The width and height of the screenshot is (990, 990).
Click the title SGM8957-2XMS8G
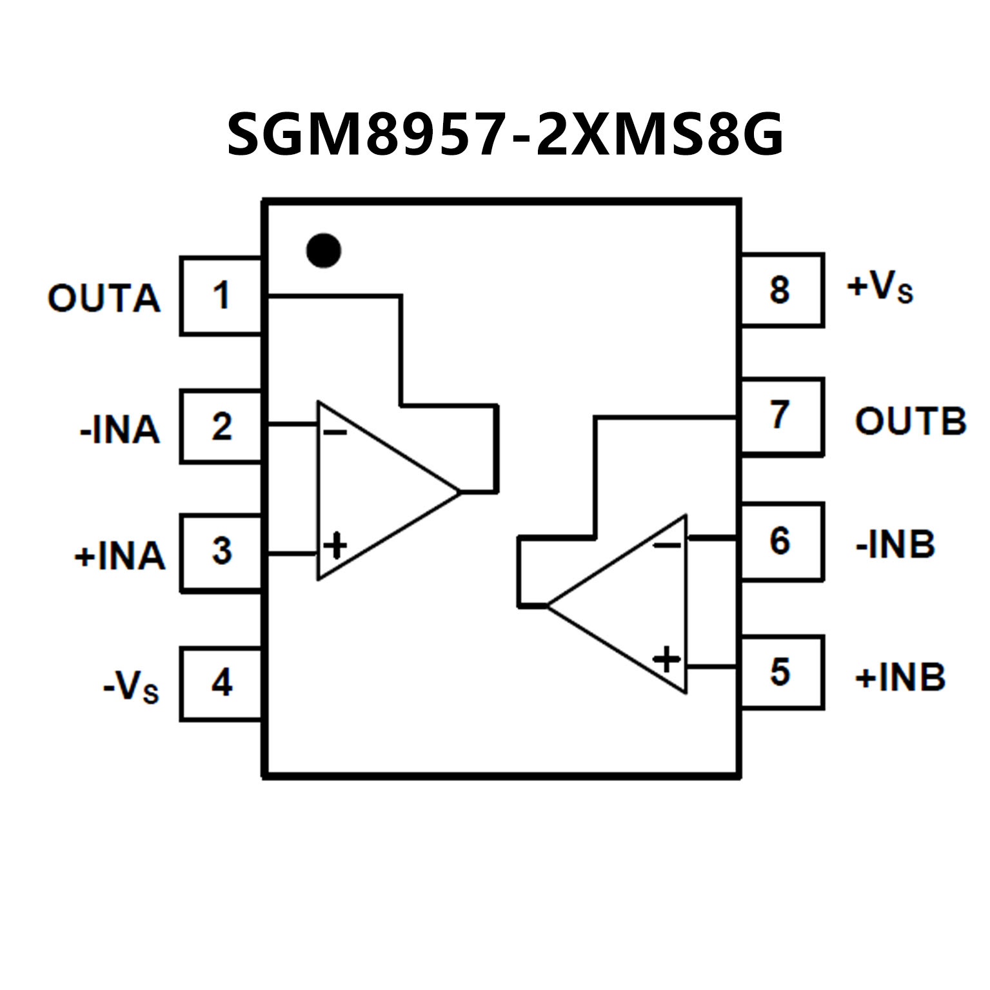coord(505,135)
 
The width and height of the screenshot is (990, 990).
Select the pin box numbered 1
coord(221,295)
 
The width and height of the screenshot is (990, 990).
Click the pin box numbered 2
coord(221,426)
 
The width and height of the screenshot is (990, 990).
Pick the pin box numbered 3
coord(221,552)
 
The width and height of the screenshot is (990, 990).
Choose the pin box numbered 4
coord(221,683)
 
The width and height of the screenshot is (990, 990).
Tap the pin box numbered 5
coord(781,672)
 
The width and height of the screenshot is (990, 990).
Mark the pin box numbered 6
coord(781,541)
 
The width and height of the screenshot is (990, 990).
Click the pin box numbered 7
coord(781,416)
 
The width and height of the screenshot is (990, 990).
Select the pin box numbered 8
coord(781,290)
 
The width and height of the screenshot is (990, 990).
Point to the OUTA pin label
coord(104,299)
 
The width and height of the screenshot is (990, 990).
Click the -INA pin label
coord(119,430)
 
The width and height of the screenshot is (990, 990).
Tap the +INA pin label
coord(120,556)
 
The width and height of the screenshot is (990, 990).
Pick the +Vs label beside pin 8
coord(880,288)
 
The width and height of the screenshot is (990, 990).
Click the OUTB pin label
coord(910,421)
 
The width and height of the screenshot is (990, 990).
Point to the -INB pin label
coord(895,544)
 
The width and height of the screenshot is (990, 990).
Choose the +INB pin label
coord(900,677)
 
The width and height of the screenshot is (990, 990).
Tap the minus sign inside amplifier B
coord(667,546)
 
